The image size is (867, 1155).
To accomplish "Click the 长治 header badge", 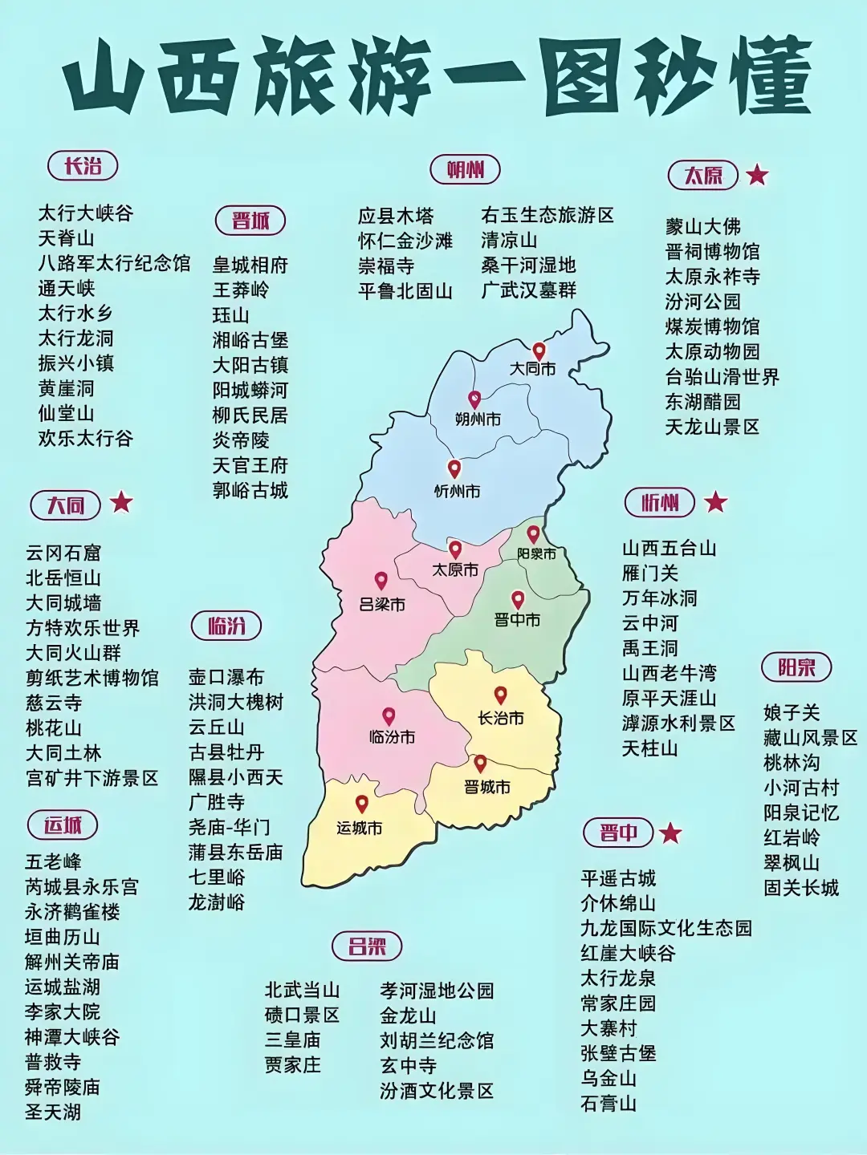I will click(x=83, y=166).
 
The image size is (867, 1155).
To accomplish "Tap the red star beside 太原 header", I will click(x=757, y=174).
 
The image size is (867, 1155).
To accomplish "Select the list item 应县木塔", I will click(x=395, y=216).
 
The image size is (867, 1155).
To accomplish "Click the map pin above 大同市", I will click(x=539, y=351).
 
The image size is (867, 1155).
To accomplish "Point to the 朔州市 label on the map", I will click(x=478, y=419).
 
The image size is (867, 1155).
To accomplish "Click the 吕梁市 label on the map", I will click(x=382, y=603).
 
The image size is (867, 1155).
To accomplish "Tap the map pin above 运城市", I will click(x=362, y=804).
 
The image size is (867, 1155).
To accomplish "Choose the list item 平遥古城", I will click(x=618, y=877).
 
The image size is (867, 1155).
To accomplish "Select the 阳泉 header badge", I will click(x=796, y=667).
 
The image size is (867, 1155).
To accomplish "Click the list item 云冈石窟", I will click(x=63, y=553).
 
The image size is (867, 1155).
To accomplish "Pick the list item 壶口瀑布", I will click(x=226, y=677).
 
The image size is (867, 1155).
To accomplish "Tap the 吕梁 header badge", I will click(x=367, y=946).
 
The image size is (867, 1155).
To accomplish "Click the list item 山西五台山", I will click(x=669, y=549).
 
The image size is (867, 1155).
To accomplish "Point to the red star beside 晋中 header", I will click(x=670, y=833).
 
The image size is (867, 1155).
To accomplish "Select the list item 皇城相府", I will click(x=250, y=265).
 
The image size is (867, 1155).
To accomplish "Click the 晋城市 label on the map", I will click(x=487, y=787).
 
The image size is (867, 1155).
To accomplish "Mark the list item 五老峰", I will click(x=53, y=861).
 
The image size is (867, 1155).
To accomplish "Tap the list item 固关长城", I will click(x=800, y=888).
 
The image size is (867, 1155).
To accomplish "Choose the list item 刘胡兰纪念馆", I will click(x=437, y=1040).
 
